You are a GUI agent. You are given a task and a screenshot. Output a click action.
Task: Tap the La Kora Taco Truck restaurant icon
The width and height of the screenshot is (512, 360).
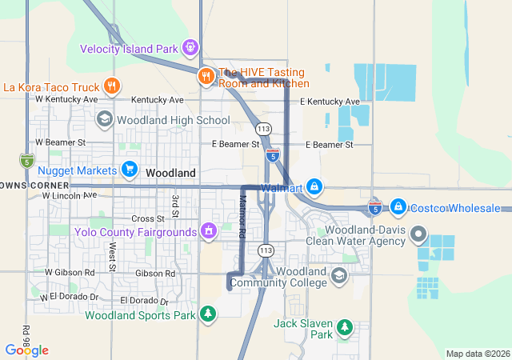click(x=112, y=86)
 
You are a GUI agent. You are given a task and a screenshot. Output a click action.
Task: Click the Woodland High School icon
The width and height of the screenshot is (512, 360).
click(x=104, y=120)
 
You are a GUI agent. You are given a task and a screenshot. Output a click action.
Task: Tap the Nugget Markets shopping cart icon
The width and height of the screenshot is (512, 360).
click(x=129, y=170)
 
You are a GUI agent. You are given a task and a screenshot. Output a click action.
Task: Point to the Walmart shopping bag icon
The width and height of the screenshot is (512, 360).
click(x=314, y=188)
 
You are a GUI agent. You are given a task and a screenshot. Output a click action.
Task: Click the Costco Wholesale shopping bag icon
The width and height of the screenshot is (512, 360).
click(x=398, y=207)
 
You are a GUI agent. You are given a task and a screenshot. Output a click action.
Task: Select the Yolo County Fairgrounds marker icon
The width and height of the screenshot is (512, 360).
click(x=208, y=232)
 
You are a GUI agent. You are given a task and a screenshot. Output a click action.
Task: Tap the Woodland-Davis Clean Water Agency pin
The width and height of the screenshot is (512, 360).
click(x=417, y=235)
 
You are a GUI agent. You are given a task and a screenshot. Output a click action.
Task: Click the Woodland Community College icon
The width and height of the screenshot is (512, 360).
click(x=338, y=276)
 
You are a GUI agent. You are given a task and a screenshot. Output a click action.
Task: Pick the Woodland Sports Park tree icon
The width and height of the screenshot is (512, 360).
click(x=208, y=314)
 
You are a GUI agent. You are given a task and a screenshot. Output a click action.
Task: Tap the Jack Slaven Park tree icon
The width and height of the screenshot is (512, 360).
click(x=344, y=326)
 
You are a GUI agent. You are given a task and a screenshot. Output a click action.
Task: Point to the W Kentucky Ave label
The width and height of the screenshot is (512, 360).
click(x=66, y=100)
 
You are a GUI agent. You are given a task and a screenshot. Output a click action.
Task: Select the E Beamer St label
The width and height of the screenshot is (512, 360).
click(x=235, y=144)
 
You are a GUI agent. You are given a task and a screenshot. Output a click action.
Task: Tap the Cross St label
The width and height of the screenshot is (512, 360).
click(x=148, y=218)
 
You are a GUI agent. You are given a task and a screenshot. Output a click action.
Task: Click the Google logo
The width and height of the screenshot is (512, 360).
click(x=27, y=350)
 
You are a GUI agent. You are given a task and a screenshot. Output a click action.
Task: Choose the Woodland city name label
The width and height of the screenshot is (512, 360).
click(x=170, y=173)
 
